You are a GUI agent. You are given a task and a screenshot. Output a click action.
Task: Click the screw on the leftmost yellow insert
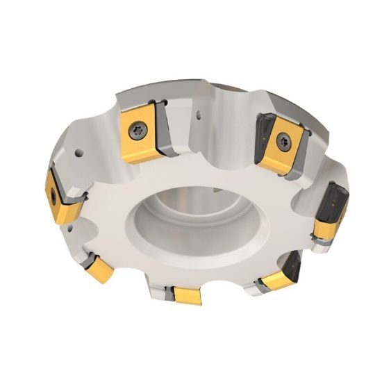pos(54,194)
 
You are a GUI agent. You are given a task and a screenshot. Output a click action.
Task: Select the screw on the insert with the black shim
pos(282,141)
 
